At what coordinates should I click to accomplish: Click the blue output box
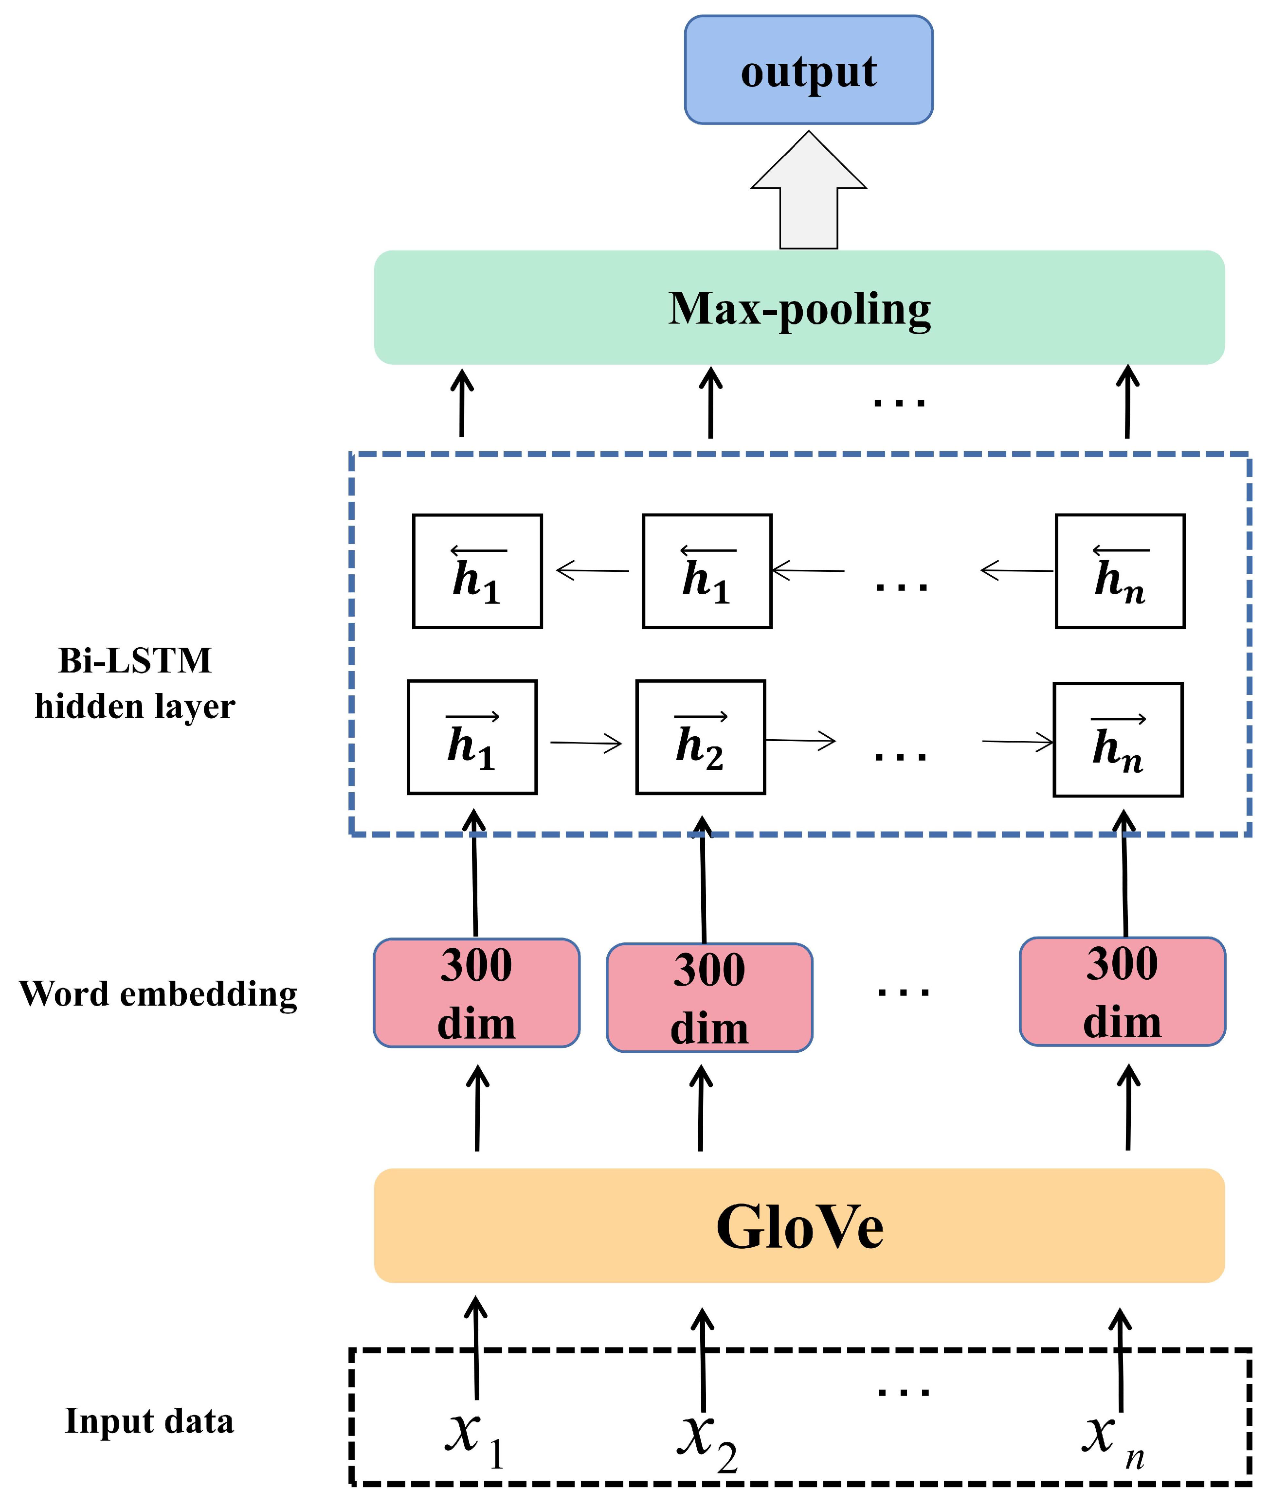click(808, 70)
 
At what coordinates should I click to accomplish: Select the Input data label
click(149, 1421)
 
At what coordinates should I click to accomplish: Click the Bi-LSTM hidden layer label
click(135, 683)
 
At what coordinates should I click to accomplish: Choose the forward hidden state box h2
click(700, 737)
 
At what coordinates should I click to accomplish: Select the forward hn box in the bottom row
click(1117, 740)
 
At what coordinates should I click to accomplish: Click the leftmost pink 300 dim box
click(476, 993)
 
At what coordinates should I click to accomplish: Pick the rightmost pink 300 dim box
click(1122, 992)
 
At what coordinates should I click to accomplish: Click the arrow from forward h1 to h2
click(586, 742)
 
